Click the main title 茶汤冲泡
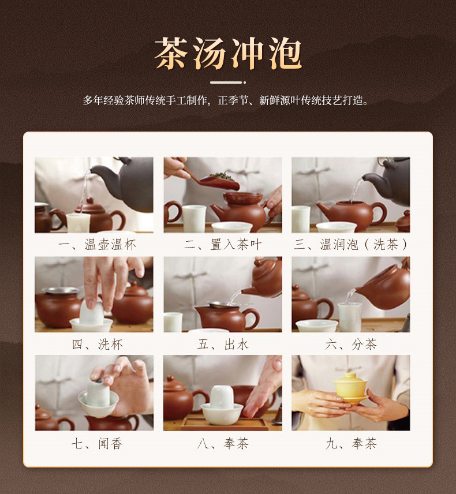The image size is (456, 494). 228,53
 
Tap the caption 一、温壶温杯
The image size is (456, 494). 97,245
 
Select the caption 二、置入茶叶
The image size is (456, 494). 223,245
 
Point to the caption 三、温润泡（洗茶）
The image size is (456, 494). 351,245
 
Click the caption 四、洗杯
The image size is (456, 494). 97,345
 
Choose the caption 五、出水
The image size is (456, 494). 223,345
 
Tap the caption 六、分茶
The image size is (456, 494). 351,345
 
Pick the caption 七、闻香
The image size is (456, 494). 97,444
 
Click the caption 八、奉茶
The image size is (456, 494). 223,444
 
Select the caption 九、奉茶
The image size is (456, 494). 351,444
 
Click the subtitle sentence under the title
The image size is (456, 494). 225,100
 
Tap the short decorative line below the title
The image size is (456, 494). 228,83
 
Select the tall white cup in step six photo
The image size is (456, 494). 349,317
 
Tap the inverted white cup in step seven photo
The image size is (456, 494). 98,393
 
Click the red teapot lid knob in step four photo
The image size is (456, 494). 134,283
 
